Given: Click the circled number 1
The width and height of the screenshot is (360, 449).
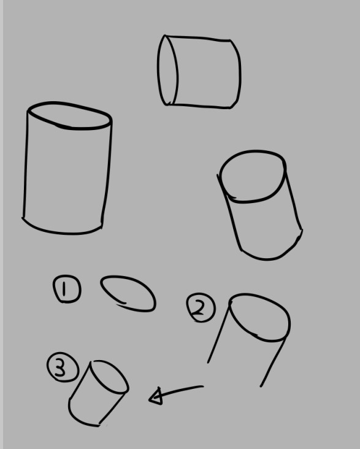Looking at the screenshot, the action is tap(67, 289).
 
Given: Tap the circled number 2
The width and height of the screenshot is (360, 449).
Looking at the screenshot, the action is tap(201, 307).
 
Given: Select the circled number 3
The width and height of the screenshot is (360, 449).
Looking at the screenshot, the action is tap(63, 367).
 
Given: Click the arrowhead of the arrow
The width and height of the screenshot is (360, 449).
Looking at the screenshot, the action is tap(156, 397).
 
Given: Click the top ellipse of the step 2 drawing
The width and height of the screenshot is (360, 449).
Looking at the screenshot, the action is tap(259, 295).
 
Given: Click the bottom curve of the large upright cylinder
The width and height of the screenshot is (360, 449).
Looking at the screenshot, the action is tap(61, 233).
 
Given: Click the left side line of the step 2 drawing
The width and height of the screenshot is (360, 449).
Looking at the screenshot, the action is tap(218, 334).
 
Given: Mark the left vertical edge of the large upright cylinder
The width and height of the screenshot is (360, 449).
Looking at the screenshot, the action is tap(26, 164).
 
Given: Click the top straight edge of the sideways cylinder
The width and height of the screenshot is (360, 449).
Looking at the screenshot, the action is tap(197, 37).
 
